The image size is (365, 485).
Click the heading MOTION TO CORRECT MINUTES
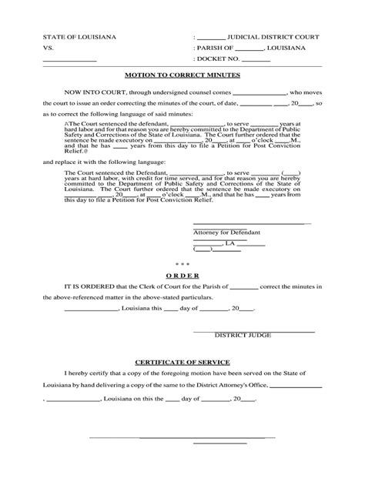click(x=182, y=76)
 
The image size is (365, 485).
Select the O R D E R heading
click(x=182, y=275)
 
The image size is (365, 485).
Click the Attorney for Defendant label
click(x=227, y=232)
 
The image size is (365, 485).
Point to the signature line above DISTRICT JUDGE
click(x=253, y=331)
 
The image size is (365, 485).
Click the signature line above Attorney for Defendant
click(x=252, y=225)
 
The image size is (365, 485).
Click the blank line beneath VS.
click(x=69, y=60)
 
